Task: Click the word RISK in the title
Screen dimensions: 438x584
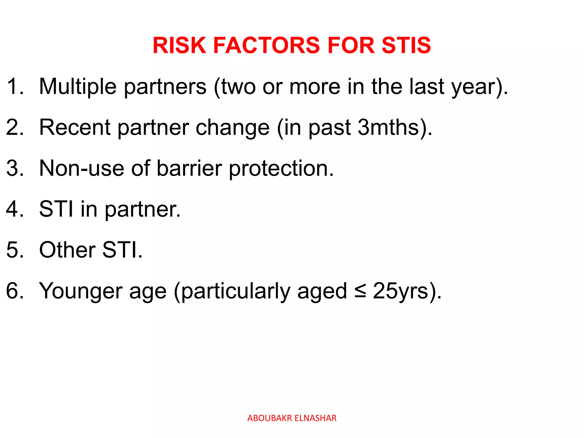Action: click(x=179, y=45)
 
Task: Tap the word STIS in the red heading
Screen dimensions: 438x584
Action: click(x=406, y=45)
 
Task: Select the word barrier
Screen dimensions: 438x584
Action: click(x=189, y=168)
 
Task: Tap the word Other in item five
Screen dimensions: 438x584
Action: click(x=67, y=250)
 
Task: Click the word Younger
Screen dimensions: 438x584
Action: click(x=80, y=291)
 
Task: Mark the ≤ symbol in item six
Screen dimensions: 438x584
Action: click(x=360, y=291)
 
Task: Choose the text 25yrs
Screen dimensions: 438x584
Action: click(x=401, y=291)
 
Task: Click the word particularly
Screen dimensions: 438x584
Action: click(x=236, y=291)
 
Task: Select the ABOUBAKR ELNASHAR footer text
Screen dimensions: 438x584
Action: click(x=292, y=418)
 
